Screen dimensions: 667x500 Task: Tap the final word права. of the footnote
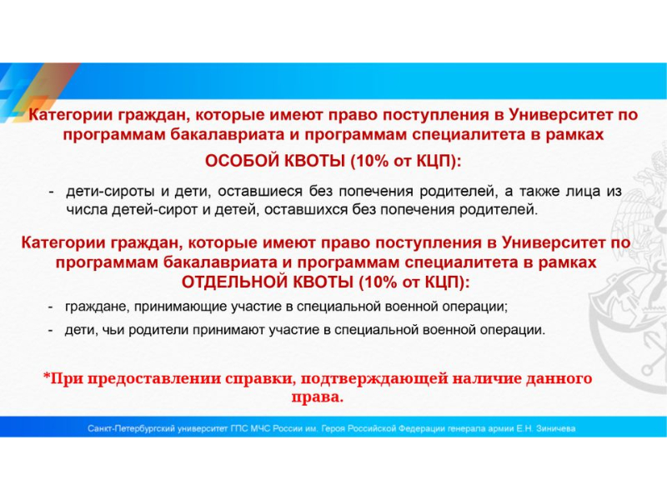318,397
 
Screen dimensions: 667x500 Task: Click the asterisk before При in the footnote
47,376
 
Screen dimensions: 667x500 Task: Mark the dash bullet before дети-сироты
52,192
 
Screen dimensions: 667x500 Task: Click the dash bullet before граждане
51,307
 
